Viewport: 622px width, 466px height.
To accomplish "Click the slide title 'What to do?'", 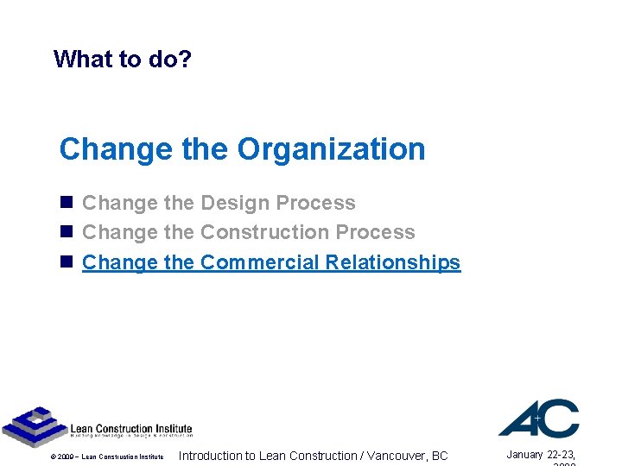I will click(123, 60).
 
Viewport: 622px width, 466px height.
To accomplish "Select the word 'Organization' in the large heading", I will click(331, 149).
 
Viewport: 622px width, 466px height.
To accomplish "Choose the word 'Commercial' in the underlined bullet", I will click(259, 262).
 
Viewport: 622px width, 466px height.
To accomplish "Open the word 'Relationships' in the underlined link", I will click(393, 262).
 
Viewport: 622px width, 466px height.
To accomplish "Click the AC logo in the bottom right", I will click(538, 418).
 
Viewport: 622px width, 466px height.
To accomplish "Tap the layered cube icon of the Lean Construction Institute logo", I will click(33, 426).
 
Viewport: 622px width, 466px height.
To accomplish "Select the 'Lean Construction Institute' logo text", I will click(130, 429).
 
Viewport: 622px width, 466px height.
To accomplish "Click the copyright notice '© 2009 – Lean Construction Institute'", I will click(107, 457).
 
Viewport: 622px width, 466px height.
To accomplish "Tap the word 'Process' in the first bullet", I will click(321, 204).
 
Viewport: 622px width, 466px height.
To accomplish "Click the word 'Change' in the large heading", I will click(116, 149).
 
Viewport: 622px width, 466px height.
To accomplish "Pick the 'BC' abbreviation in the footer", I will click(439, 456).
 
